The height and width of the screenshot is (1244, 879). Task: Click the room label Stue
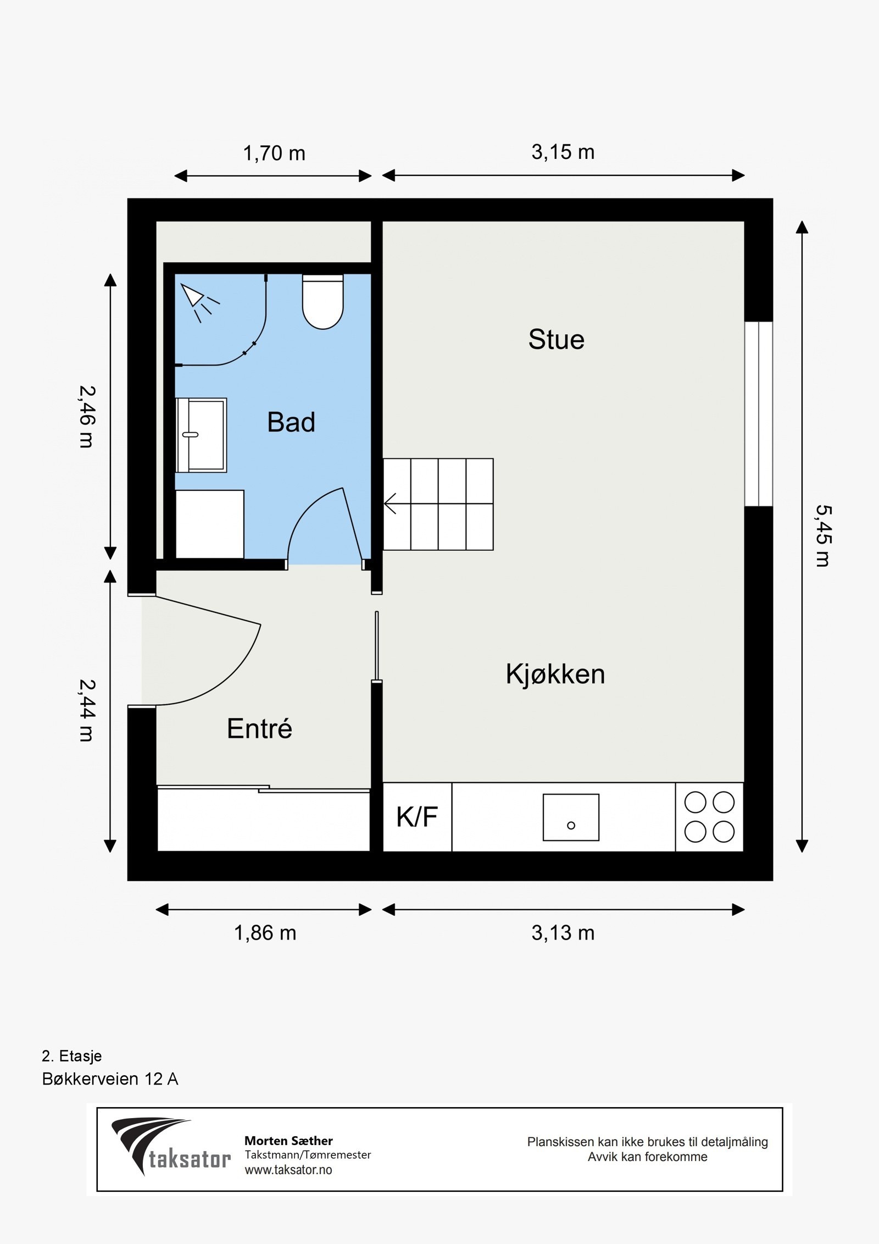coord(556,339)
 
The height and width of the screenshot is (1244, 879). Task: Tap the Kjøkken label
coord(555,674)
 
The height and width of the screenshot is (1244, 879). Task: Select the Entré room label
coord(259,728)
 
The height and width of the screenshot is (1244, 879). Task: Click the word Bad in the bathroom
coord(291,422)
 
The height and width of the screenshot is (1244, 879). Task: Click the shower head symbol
coord(198,302)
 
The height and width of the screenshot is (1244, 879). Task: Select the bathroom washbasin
coord(201,435)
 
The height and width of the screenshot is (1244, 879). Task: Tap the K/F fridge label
coord(417,817)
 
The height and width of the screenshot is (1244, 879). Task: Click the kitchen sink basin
coord(571,817)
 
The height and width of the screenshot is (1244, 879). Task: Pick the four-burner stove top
coord(709,817)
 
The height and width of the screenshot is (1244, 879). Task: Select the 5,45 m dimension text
coord(823,536)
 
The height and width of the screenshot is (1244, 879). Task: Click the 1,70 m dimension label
coord(274,153)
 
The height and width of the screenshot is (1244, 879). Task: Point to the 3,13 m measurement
coord(563,933)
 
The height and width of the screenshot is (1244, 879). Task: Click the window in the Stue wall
coord(759,413)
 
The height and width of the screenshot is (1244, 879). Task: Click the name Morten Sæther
coord(288,1141)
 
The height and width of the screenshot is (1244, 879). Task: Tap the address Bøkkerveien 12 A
coord(110,1079)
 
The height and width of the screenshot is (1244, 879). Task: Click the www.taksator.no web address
coord(288,1169)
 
